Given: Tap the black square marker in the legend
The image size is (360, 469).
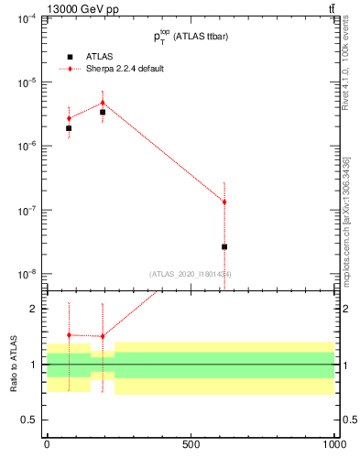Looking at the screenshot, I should (70, 56).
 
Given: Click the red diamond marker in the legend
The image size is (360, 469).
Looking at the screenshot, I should (70, 69).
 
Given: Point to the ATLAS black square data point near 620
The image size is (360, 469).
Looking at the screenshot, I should (224, 246).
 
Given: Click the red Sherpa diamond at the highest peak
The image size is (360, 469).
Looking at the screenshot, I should (103, 103).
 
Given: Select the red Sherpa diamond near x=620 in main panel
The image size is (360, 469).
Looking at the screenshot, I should (224, 202).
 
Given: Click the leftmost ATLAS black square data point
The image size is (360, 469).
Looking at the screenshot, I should (69, 128).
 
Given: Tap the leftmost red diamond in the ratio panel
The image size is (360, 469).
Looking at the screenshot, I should (69, 335).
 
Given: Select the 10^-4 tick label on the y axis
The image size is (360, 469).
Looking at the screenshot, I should (26, 18).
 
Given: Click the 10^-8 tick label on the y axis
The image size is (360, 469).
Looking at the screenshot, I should (26, 274).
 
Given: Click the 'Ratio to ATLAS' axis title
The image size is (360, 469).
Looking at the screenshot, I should (13, 365).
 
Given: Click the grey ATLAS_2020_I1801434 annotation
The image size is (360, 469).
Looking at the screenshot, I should (190, 274).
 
